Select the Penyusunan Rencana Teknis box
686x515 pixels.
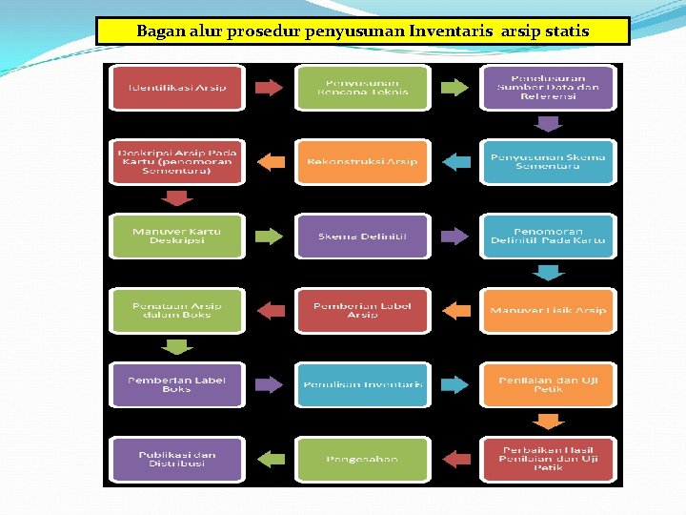pyautogui.click(x=362, y=88)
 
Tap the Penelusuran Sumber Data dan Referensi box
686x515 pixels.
pyautogui.click(x=548, y=88)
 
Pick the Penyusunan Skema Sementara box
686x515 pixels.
pyautogui.click(x=548, y=161)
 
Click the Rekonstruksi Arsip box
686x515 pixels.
pyautogui.click(x=362, y=161)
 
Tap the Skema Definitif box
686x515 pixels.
pyautogui.click(x=362, y=236)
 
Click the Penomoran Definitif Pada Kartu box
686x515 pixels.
pyautogui.click(x=548, y=236)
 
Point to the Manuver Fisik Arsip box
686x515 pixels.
pyautogui.click(x=548, y=310)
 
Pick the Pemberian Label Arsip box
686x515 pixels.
pyautogui.click(x=362, y=310)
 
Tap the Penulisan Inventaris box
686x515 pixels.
pyautogui.click(x=362, y=384)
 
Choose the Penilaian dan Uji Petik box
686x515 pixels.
pyautogui.click(x=548, y=384)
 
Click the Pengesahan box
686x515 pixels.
pyautogui.click(x=362, y=459)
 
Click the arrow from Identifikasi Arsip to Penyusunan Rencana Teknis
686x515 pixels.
pyautogui.click(x=270, y=88)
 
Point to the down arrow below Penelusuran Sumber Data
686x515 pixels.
pyautogui.click(x=548, y=123)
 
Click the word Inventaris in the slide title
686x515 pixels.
pyautogui.click(x=449, y=31)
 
